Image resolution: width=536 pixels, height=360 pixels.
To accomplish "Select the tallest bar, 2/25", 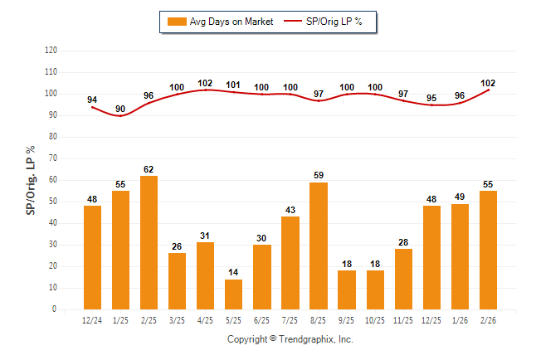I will point(149,242).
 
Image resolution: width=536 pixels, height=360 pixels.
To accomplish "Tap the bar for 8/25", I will point(319,246).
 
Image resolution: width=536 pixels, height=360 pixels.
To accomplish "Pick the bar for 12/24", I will point(93,257).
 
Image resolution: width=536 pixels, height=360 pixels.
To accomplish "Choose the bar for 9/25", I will point(347,289).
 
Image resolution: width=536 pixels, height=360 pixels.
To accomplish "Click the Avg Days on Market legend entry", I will point(218,22).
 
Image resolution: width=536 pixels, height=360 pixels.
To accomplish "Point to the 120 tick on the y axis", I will point(51,51).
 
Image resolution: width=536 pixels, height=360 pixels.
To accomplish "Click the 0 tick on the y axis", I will point(54,309).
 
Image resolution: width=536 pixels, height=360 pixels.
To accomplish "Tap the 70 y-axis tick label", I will point(52,158).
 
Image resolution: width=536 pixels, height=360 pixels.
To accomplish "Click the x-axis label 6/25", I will point(262,319).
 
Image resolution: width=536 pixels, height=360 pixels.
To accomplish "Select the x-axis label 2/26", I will point(488,319).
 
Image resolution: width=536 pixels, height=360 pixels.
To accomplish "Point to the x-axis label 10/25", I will point(375,319).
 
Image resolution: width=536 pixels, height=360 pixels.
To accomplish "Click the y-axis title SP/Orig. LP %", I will point(31,179).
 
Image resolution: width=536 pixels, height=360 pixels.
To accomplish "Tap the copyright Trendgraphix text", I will point(290,339).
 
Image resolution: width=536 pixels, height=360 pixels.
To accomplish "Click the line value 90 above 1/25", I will point(120,109).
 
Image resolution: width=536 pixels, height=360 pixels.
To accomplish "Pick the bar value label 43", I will point(290,211).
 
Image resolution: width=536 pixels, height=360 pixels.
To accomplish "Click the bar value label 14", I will point(234,273).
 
